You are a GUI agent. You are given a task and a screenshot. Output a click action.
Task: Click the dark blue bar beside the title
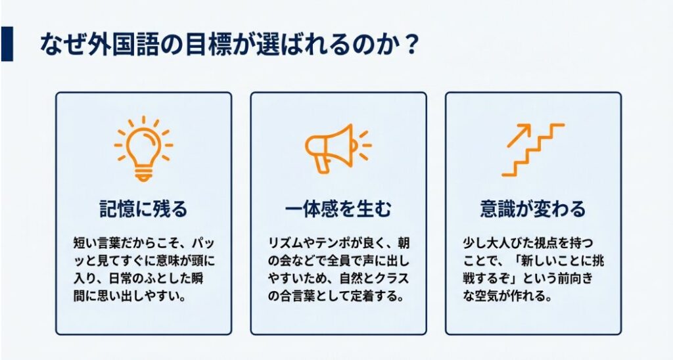coord(7,44)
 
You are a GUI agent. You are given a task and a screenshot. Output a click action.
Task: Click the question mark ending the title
coord(408,45)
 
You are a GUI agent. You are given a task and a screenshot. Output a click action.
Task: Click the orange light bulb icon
coord(143,147)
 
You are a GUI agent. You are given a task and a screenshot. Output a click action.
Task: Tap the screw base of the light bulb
coord(143,173)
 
